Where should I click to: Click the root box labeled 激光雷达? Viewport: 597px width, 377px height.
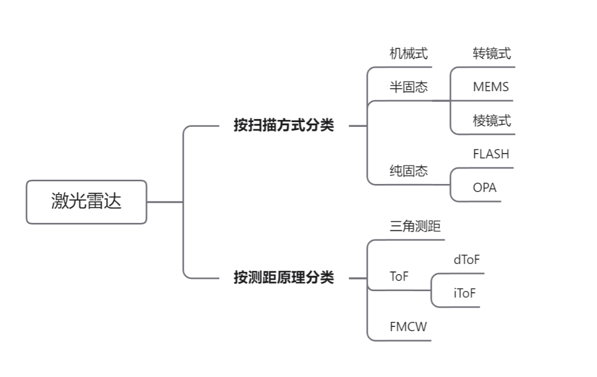pos(86,202)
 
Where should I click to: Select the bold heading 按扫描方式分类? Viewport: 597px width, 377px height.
pos(284,126)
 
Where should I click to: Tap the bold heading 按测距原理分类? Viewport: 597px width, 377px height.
pos(284,278)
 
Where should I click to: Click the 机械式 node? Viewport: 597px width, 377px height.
pos(408,53)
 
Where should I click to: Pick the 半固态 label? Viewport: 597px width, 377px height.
pos(408,87)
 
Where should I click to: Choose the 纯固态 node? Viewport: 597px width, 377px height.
pos(408,171)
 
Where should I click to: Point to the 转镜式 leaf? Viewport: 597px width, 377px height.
pos(491,53)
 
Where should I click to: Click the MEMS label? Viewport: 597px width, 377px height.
pos(490,87)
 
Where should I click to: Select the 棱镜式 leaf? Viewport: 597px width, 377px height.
pos(491,121)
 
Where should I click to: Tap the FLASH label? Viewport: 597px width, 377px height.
pos(491,154)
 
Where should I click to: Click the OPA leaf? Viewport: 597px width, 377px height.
pos(484,188)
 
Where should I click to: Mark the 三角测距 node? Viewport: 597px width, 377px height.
pos(415,227)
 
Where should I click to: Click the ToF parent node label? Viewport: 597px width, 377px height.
pos(399,277)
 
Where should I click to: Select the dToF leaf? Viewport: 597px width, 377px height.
pos(466,260)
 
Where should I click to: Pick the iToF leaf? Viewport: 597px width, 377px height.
pos(464,293)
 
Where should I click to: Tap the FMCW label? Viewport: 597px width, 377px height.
pos(408,327)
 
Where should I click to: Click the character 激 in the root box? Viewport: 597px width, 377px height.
pos(60,202)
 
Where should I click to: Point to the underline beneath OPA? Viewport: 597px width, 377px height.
pos(480,202)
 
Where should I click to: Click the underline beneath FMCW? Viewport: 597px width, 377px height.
pos(405,340)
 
